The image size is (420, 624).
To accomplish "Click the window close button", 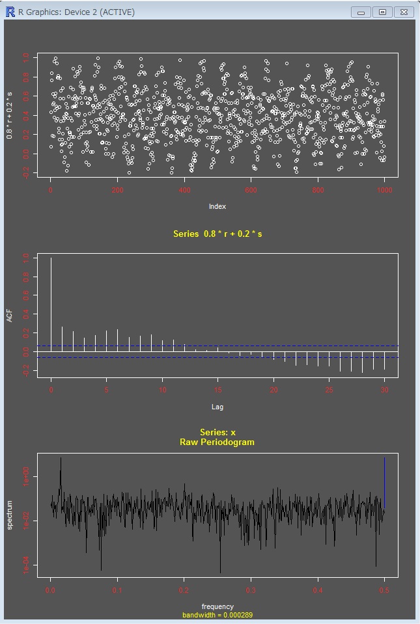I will tap(404, 12).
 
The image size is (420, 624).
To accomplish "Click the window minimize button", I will tap(360, 12).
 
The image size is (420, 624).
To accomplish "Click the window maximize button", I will tap(382, 12).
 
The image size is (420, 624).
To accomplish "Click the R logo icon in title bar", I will tap(10, 12).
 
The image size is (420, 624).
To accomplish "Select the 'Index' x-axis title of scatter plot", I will tap(217, 206).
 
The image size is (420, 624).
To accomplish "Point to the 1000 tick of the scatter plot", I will tap(384, 190).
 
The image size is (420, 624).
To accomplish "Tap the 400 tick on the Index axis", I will tap(184, 190).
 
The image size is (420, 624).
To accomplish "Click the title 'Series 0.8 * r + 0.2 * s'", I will tap(217, 234).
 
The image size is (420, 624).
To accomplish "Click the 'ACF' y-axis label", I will tap(10, 315).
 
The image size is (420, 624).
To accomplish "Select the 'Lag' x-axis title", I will tap(217, 407).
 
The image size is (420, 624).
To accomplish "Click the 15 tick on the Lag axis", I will tap(218, 390).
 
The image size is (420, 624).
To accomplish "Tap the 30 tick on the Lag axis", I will tap(385, 390).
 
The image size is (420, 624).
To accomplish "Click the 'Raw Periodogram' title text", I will tap(217, 442).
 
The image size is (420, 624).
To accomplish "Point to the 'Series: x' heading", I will tap(217, 433).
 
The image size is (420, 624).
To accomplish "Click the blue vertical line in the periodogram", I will tap(385, 482).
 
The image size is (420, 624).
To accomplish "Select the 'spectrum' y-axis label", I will tap(10, 515).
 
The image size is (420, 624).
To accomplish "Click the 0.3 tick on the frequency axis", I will tap(251, 590).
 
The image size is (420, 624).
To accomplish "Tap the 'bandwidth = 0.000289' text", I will tap(217, 614).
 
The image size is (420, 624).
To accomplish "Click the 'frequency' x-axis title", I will tap(217, 606).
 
